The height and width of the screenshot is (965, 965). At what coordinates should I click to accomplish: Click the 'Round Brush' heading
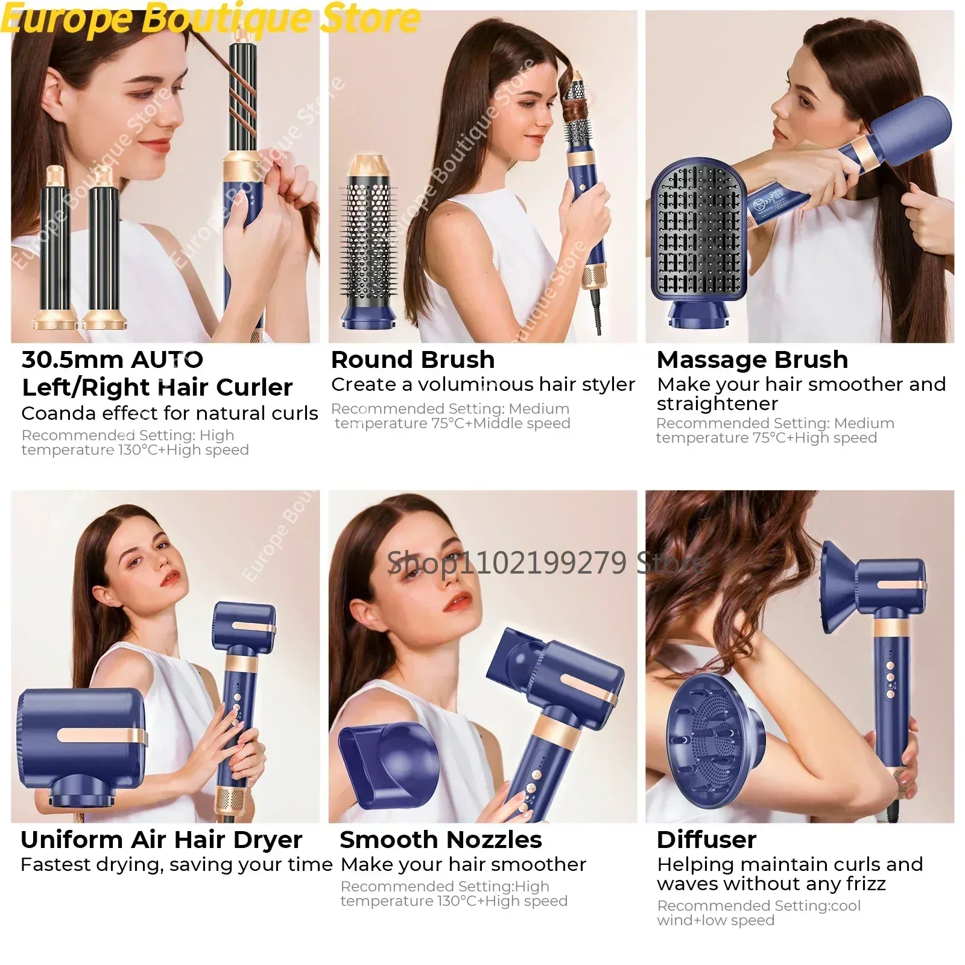point(413,360)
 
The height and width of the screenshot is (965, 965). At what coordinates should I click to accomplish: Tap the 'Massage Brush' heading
point(752,360)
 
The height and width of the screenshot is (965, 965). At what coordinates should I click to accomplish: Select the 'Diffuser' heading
point(706,840)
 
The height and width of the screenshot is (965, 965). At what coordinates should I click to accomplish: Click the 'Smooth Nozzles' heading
point(440,840)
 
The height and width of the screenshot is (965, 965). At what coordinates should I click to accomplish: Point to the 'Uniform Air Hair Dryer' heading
point(161,840)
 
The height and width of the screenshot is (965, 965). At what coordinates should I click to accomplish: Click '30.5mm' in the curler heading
point(72,360)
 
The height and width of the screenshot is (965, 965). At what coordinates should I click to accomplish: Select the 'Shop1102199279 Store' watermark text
point(546,563)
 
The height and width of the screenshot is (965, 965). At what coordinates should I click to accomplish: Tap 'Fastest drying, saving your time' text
point(176,865)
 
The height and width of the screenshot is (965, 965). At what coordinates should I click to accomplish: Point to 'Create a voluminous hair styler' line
point(482,385)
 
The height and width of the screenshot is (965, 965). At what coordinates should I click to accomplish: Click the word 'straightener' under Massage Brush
point(717,403)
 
